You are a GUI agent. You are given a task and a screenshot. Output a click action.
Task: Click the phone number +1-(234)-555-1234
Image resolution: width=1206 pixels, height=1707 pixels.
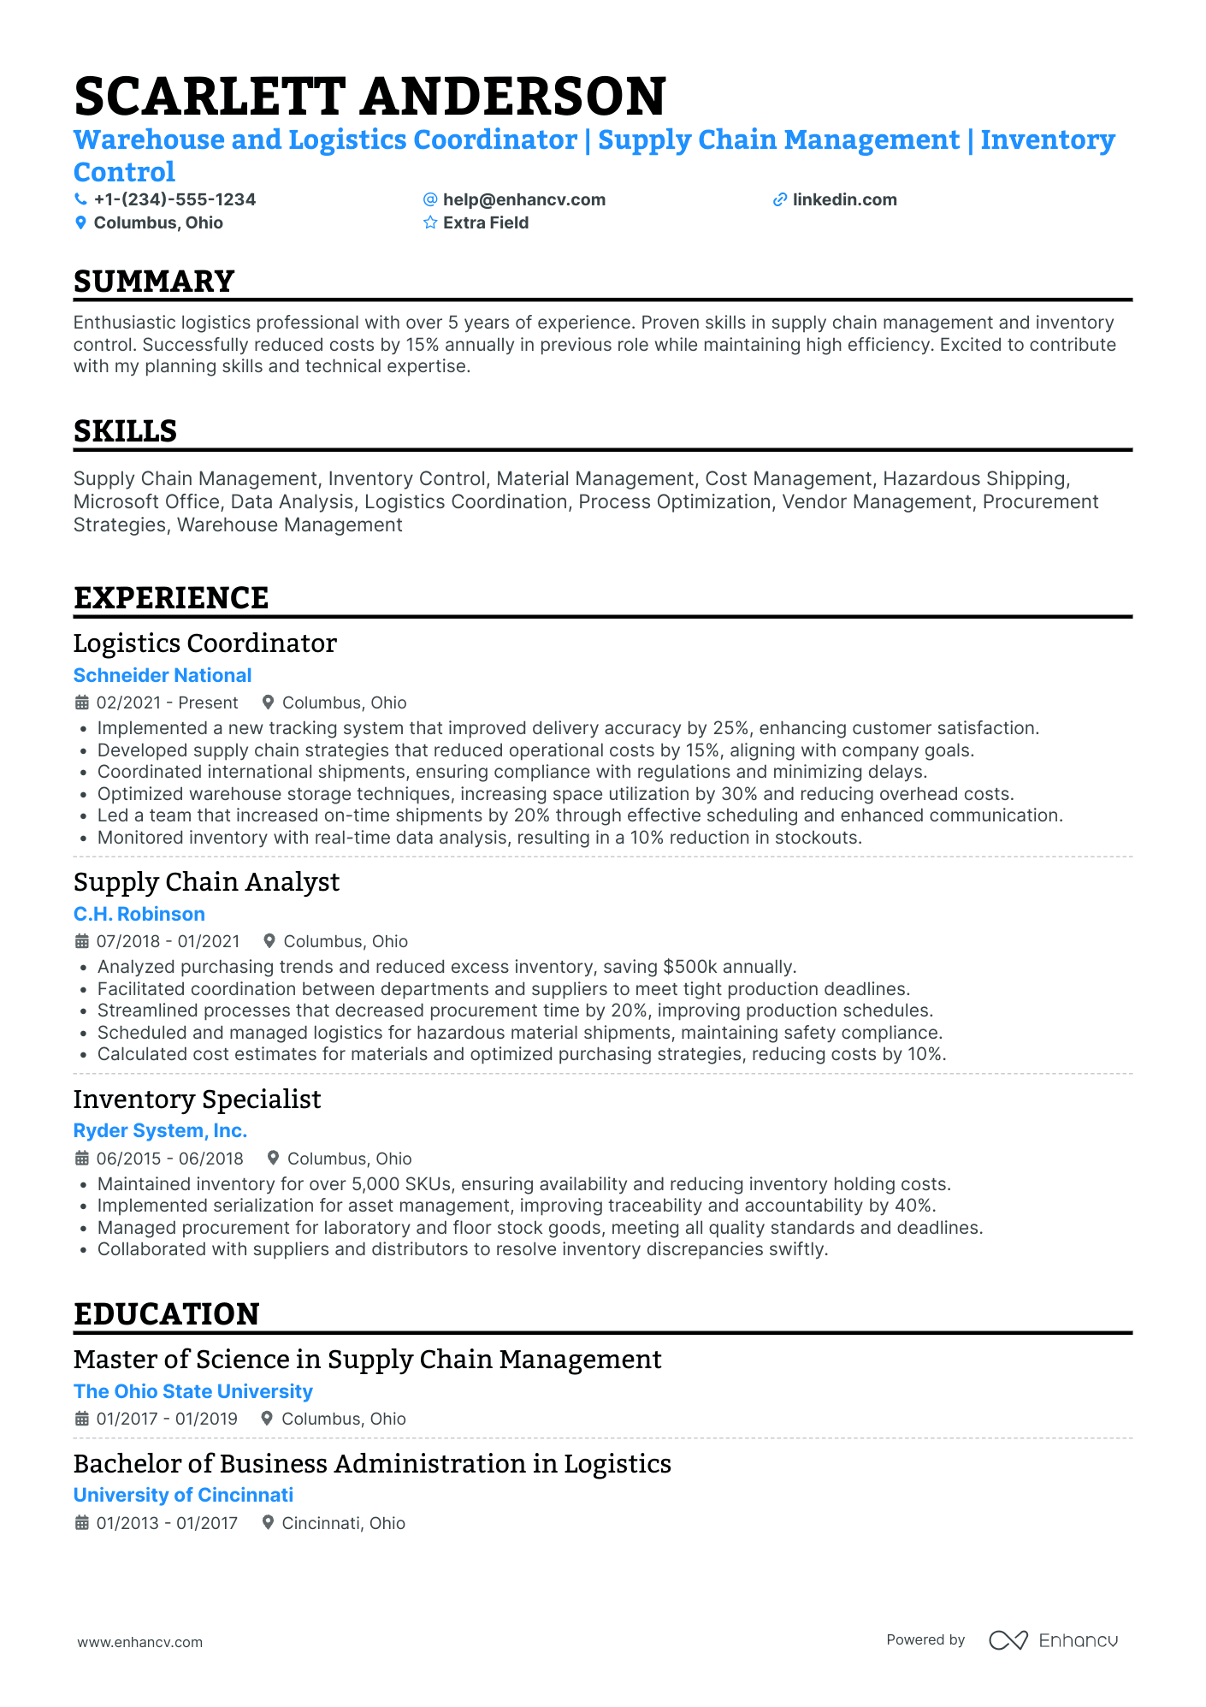(x=174, y=199)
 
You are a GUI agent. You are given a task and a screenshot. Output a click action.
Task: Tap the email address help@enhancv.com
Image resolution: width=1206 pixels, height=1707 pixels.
(x=523, y=199)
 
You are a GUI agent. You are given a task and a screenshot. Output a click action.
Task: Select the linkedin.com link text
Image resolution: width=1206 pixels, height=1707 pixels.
(x=844, y=199)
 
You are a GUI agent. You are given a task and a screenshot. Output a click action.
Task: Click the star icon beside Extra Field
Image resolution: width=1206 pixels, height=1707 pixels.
(x=430, y=222)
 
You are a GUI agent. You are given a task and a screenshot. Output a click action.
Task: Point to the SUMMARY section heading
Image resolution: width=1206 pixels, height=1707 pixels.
(x=154, y=282)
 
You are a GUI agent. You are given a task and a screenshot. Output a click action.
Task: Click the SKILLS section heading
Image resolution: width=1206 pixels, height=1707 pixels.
(x=125, y=431)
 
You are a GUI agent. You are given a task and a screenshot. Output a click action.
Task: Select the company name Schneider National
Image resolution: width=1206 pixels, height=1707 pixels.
(x=163, y=675)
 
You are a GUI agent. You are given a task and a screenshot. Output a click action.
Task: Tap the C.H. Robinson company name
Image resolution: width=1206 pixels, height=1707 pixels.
(x=139, y=914)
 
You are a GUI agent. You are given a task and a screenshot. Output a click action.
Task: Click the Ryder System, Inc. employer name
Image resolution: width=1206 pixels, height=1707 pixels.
(x=160, y=1130)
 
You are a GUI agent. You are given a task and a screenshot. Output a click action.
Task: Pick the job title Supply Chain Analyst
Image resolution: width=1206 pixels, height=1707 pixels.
(x=206, y=882)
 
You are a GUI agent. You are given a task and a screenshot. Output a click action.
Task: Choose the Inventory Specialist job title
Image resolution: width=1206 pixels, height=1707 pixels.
(x=197, y=1099)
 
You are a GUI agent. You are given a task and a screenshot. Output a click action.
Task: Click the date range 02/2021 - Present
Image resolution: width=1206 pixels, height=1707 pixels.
(x=167, y=702)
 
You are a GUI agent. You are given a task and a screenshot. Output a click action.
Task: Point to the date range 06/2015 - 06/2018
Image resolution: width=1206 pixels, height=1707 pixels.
(x=169, y=1159)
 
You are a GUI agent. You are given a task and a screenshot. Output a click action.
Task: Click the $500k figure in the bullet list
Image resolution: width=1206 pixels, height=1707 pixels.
(x=690, y=967)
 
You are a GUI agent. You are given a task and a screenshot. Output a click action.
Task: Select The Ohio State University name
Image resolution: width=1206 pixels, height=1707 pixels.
(x=193, y=1391)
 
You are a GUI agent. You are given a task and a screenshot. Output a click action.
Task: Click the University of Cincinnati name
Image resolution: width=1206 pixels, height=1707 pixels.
(x=183, y=1495)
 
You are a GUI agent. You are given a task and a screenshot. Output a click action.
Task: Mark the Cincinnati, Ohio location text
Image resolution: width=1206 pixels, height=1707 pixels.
(x=343, y=1523)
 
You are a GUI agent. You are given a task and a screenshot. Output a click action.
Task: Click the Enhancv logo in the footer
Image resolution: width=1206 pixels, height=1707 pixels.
(x=1054, y=1640)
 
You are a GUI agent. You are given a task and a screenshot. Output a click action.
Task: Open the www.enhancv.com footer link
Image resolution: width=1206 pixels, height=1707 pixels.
(x=140, y=1642)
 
